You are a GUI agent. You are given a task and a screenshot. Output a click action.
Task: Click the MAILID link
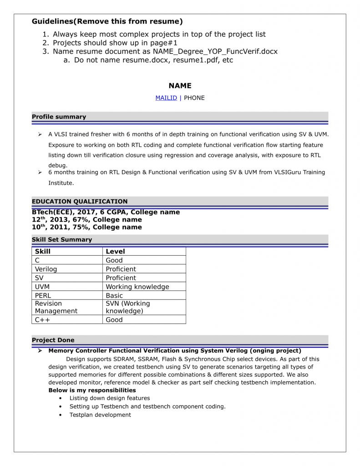point(166,98)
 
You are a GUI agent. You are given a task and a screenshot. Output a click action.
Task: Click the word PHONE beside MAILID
point(194,98)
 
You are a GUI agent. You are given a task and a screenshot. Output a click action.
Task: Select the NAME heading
point(180,86)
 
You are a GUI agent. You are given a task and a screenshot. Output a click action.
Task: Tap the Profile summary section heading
point(59,117)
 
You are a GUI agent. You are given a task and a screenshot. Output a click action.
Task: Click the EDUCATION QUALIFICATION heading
point(80,202)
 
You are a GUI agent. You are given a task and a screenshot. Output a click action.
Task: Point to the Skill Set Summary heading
point(62,240)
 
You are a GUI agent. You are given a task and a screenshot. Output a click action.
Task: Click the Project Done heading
point(53,340)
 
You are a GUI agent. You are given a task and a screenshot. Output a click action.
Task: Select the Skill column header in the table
point(43,251)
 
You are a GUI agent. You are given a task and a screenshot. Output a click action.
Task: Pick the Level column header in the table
point(115,251)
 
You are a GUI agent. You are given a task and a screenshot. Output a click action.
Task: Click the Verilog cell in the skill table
point(46,269)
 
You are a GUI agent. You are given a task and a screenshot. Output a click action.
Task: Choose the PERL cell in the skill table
point(43,295)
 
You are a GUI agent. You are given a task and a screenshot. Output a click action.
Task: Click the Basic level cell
point(114,295)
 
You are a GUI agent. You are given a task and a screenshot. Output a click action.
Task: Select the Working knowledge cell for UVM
point(137,287)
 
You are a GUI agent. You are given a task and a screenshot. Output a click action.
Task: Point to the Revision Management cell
point(56,307)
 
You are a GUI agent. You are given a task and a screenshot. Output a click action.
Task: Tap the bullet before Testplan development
point(61,415)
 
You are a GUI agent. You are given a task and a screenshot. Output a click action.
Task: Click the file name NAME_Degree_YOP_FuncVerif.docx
point(215,51)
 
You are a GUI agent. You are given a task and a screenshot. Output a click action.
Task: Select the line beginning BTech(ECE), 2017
point(106,212)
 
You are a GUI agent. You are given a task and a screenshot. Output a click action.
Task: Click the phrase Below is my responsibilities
point(92,390)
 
